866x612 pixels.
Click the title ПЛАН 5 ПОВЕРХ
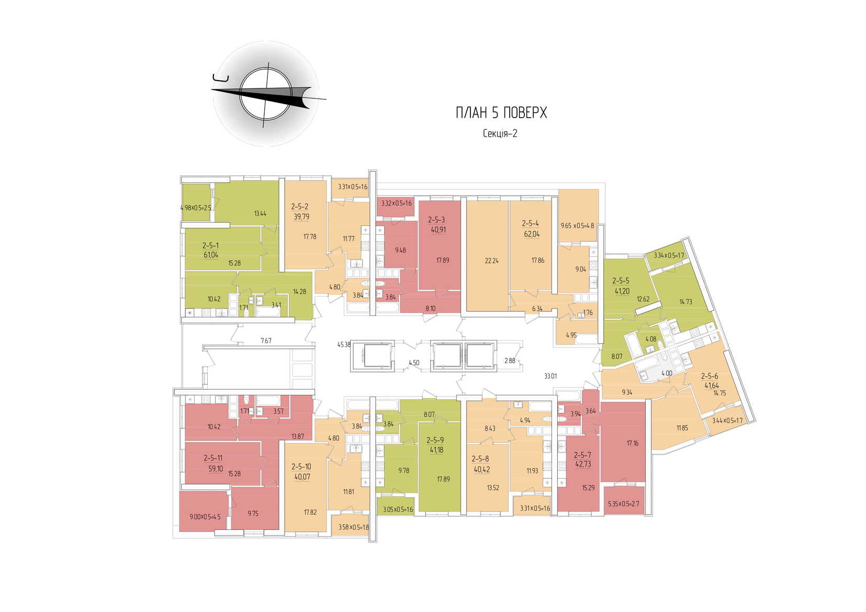click(x=501, y=113)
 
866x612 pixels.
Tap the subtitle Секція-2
click(x=500, y=133)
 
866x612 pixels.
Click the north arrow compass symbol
click(x=266, y=94)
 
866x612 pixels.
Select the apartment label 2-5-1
click(x=211, y=245)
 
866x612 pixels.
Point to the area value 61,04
click(x=211, y=255)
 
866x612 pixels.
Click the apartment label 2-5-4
click(x=531, y=223)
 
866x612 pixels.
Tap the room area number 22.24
click(x=488, y=260)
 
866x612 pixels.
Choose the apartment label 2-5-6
click(x=710, y=376)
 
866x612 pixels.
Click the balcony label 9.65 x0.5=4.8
click(x=577, y=226)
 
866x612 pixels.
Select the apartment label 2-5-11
click(x=213, y=458)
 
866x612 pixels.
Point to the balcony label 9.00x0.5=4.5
click(x=205, y=517)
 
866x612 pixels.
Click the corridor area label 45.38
click(x=344, y=345)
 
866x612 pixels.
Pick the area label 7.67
click(x=266, y=341)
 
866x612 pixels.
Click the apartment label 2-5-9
click(x=435, y=440)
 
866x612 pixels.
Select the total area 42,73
click(x=582, y=464)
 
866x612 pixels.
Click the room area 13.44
click(x=260, y=213)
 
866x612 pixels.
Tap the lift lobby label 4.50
click(x=414, y=362)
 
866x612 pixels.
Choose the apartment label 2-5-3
click(x=436, y=220)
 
